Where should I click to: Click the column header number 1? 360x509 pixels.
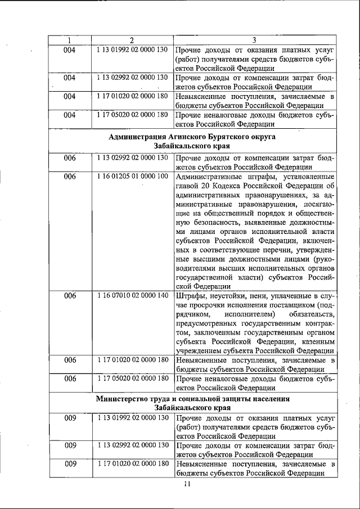[69, 40]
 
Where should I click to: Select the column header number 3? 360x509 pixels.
[255, 40]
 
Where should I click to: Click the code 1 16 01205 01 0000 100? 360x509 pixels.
[132, 177]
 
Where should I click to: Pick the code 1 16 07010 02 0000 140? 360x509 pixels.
[132, 295]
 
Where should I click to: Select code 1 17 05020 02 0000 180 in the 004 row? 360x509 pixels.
[132, 115]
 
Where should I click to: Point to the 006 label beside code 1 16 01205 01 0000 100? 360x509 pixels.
[69, 177]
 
